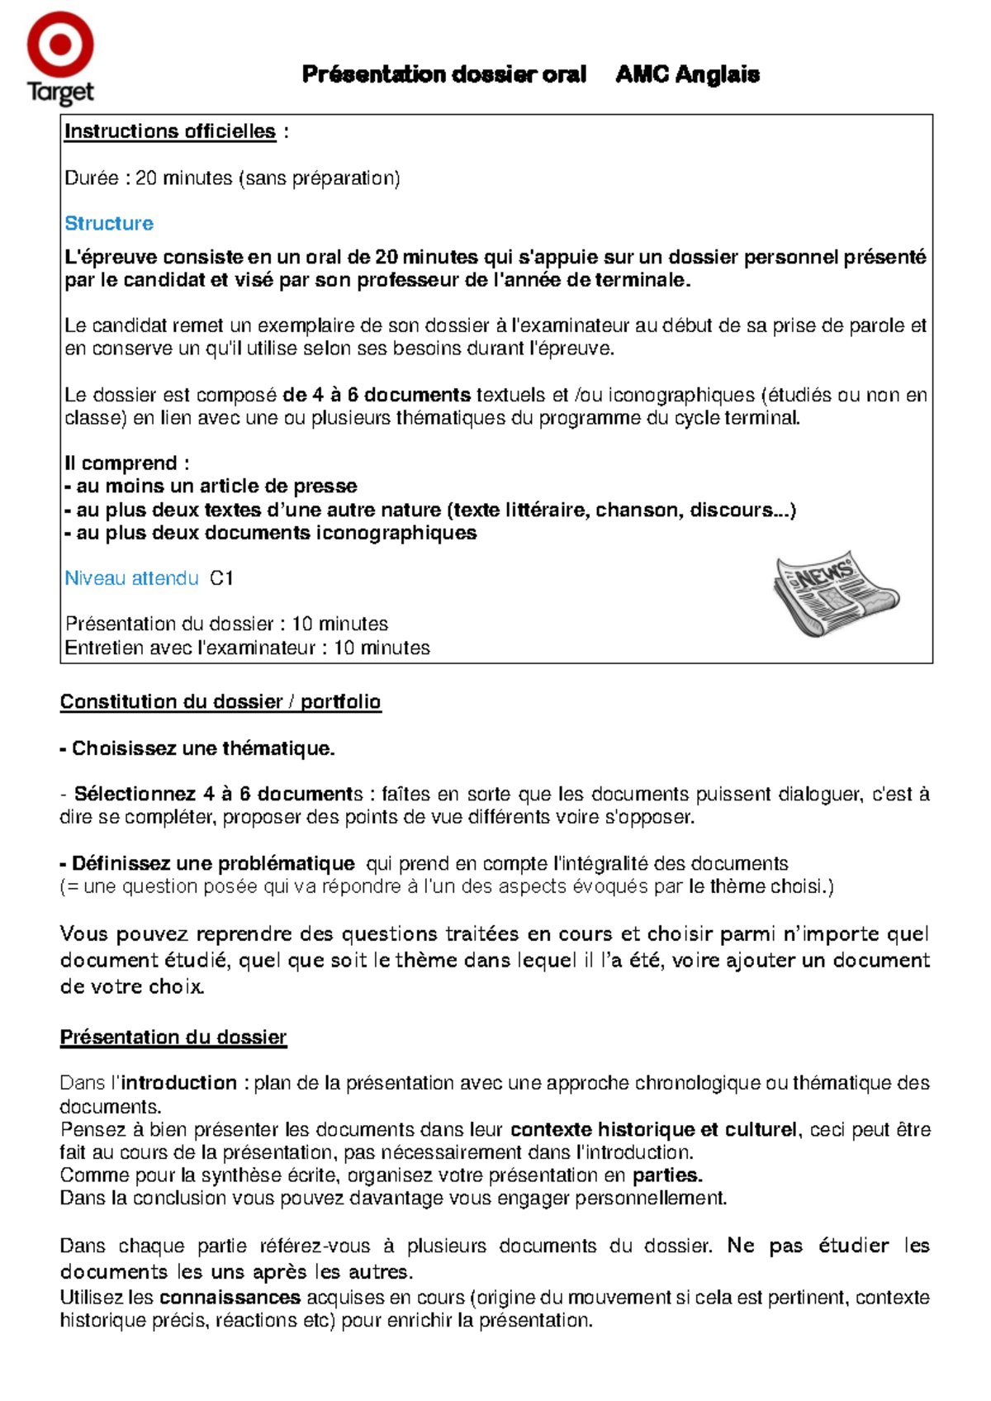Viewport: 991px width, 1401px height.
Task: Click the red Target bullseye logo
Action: pyautogui.click(x=59, y=45)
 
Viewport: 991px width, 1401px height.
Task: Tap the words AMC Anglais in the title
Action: pyautogui.click(x=687, y=74)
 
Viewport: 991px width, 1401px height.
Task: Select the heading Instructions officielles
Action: pyautogui.click(x=170, y=131)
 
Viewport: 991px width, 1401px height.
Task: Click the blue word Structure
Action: pyautogui.click(x=109, y=224)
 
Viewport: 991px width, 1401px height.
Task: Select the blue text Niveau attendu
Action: pyautogui.click(x=132, y=578)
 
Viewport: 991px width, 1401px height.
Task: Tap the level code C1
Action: pyautogui.click(x=221, y=578)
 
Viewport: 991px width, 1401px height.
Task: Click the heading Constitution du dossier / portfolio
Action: pyautogui.click(x=220, y=702)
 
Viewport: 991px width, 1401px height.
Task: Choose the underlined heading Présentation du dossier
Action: pyautogui.click(x=173, y=1038)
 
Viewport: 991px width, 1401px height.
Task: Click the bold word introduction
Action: pyautogui.click(x=179, y=1083)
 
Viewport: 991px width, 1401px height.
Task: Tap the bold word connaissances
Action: pyautogui.click(x=230, y=1298)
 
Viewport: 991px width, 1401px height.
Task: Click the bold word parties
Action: pyautogui.click(x=667, y=1175)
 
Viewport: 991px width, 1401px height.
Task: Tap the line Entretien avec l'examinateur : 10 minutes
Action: pyautogui.click(x=248, y=648)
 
